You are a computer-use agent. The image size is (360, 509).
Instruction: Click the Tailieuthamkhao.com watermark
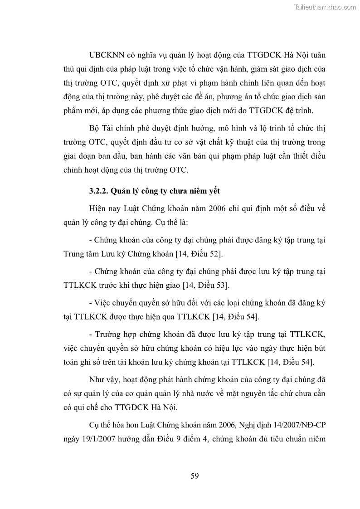point(325,7)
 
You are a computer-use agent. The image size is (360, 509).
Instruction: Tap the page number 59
point(195,475)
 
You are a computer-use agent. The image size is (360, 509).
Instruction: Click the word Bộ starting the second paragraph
point(95,129)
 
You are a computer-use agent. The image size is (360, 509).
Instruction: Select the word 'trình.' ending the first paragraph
point(302,111)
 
